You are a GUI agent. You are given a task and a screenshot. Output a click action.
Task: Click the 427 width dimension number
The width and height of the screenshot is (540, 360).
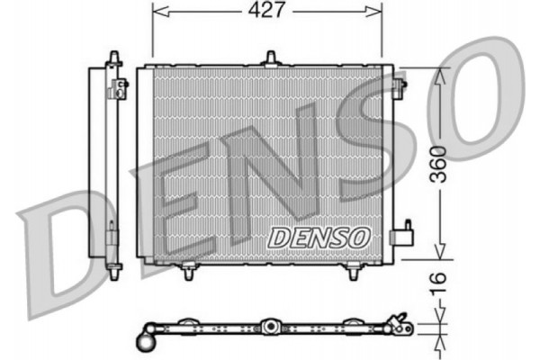[x=267, y=10]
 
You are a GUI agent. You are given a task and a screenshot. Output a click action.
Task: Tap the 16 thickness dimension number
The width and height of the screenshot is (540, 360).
[x=438, y=282]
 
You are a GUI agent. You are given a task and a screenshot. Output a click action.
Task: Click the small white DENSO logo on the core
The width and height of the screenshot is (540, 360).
[x=319, y=237]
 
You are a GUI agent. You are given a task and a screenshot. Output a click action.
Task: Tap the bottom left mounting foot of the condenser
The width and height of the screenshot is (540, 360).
[x=189, y=270]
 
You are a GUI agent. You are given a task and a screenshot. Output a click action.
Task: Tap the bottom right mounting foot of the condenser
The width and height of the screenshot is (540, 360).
[x=354, y=270]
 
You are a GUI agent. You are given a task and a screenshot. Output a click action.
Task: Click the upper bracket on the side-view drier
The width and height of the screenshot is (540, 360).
[x=118, y=87]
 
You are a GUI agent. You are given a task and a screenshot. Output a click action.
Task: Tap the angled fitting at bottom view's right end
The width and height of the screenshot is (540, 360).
[x=400, y=326]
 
